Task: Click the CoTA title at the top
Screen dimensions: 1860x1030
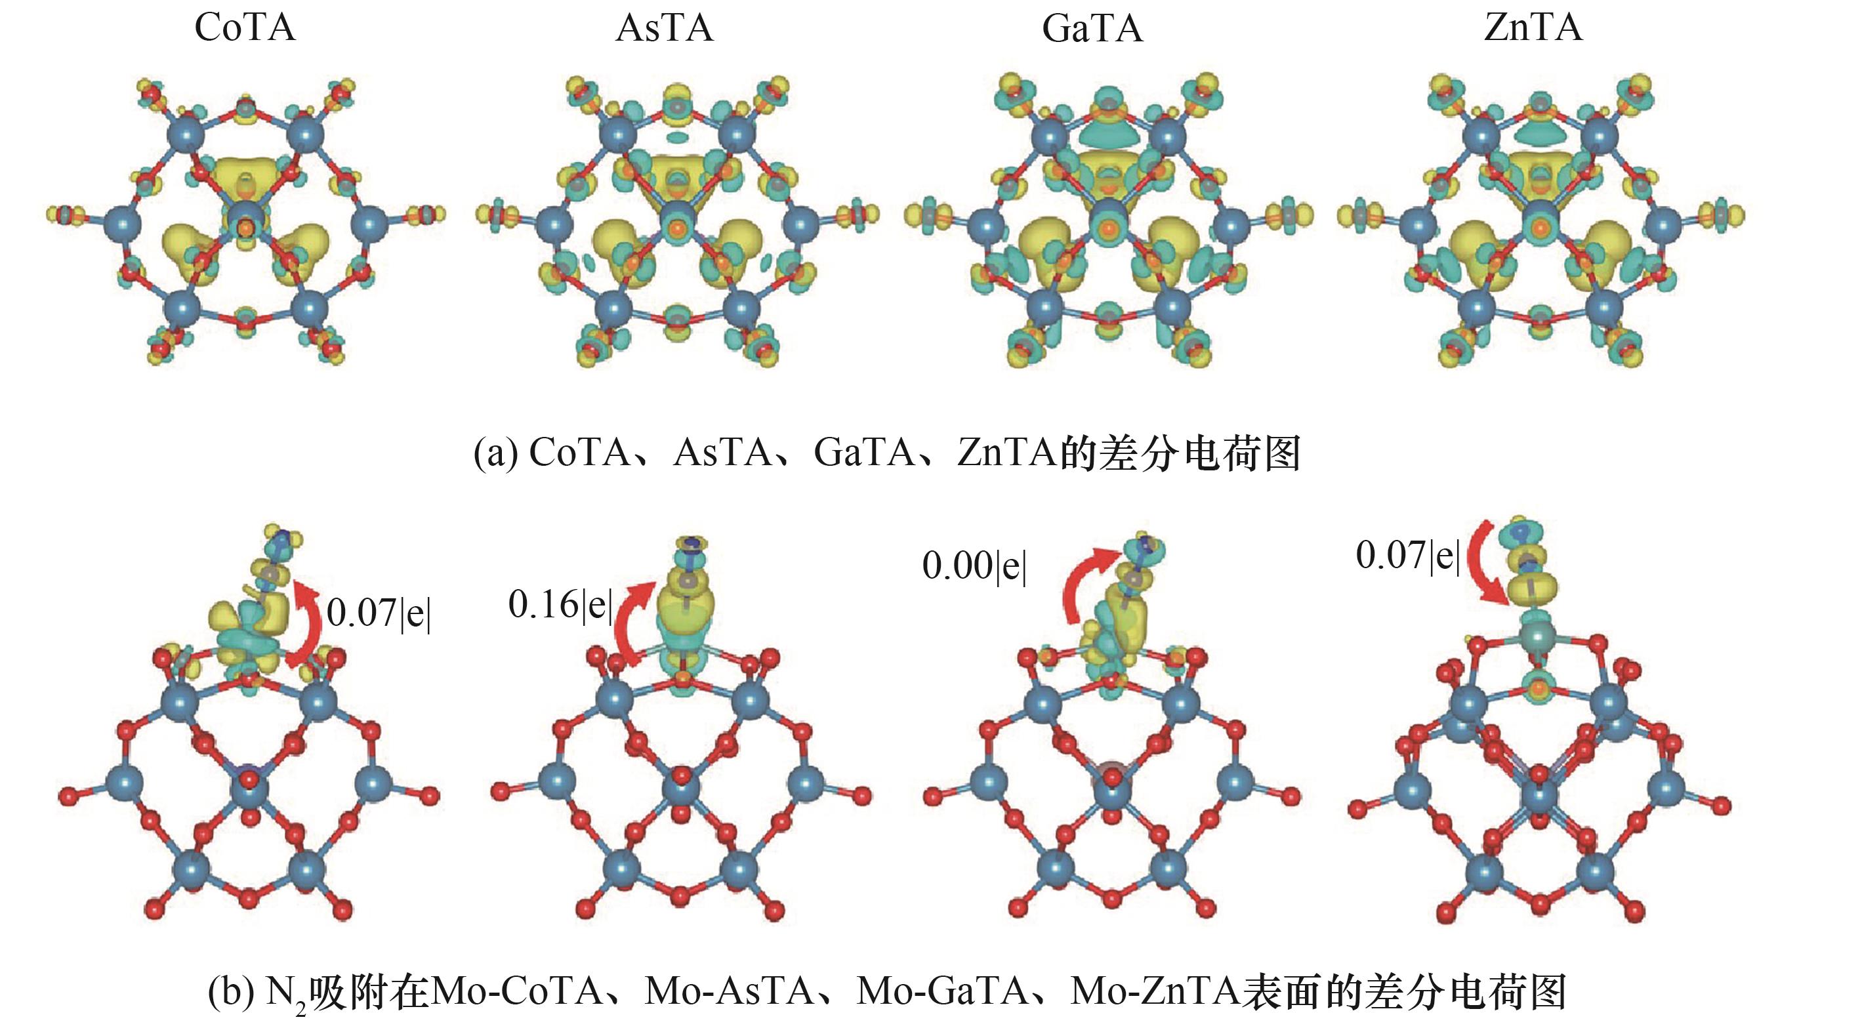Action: (245, 28)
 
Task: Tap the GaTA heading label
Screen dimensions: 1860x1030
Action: (1092, 29)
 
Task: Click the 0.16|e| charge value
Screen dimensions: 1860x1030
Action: (560, 605)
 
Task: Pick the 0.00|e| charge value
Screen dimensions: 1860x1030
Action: (974, 566)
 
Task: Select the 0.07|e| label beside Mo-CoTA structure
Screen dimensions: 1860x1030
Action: (379, 613)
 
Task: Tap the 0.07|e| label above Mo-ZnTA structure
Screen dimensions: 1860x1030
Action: (1408, 556)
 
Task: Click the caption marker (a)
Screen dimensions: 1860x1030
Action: (495, 453)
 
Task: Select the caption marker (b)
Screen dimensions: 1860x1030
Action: (230, 992)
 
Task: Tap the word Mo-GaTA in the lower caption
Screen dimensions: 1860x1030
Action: (942, 992)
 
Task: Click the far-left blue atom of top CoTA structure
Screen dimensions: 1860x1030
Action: (121, 222)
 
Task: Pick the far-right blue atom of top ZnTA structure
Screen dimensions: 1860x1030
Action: (1664, 224)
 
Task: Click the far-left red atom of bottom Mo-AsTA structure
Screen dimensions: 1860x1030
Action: (500, 793)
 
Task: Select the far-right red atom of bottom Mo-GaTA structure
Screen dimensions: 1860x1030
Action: (1291, 797)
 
